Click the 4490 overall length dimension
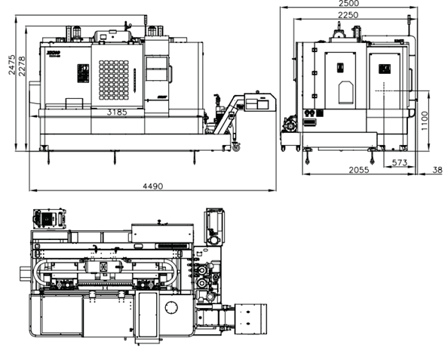point(154,186)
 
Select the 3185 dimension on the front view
point(117,112)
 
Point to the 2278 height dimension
point(22,72)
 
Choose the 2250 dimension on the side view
point(348,15)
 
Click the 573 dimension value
point(400,162)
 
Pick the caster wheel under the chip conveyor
point(236,147)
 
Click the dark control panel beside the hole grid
point(82,76)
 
